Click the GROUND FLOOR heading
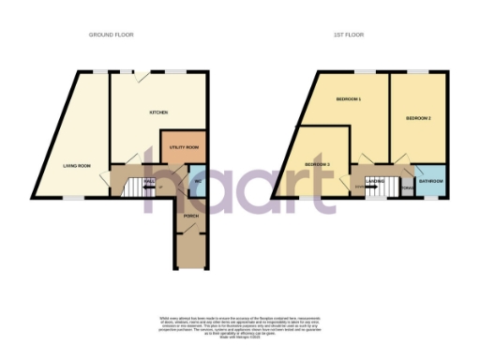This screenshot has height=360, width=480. coord(112,34)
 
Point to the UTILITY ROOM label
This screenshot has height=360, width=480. coord(184,147)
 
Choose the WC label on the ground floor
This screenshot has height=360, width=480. coord(199,180)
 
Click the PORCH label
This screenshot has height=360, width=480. coord(190,216)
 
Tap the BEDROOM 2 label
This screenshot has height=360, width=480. coord(418,119)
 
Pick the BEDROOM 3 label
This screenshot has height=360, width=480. coord(317,165)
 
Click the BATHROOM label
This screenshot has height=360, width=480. coord(430,180)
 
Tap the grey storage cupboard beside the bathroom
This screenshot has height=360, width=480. coord(406,186)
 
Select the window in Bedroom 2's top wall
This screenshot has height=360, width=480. coord(417,71)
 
